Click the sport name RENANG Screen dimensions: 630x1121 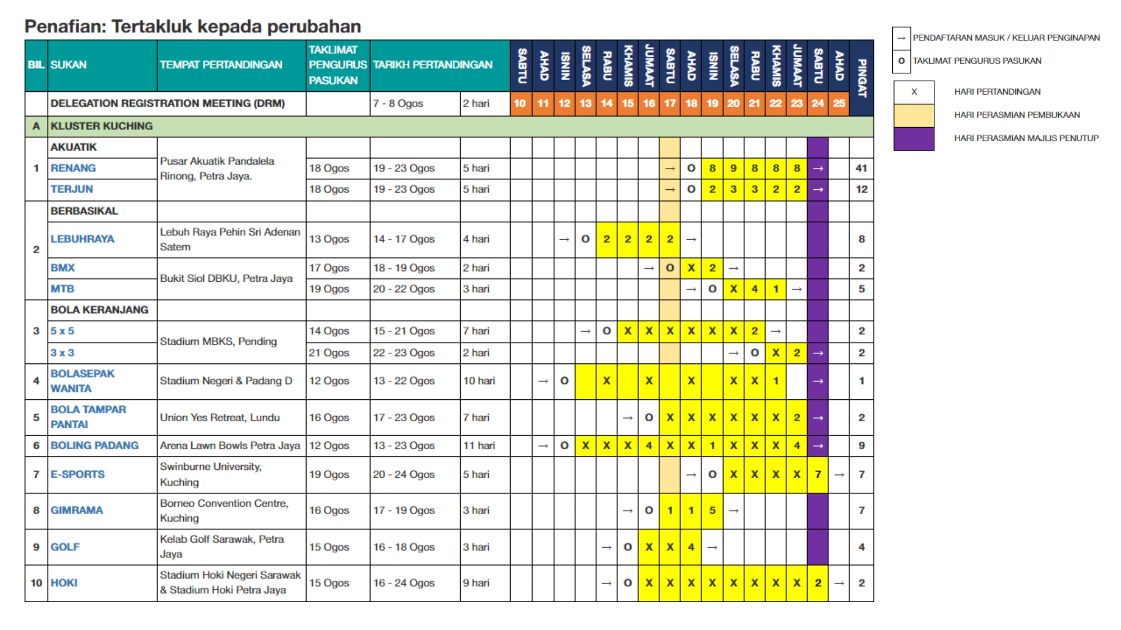(x=73, y=168)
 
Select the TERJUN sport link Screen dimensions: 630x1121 (x=72, y=189)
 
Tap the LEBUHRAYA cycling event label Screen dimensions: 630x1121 (x=82, y=239)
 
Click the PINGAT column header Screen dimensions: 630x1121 (x=861, y=78)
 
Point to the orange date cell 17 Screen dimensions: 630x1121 (x=670, y=104)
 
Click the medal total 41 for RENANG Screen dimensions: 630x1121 (x=861, y=168)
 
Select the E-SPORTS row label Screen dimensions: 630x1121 (x=77, y=474)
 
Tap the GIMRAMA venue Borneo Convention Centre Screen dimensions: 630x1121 (x=224, y=510)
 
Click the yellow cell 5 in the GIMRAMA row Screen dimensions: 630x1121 (x=712, y=510)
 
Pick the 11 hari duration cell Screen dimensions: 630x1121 (x=479, y=446)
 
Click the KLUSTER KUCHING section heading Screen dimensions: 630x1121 (x=101, y=127)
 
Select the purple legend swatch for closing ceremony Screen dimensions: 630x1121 (x=914, y=138)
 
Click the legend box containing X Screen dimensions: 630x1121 (x=914, y=92)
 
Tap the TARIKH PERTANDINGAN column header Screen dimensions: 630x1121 (x=433, y=65)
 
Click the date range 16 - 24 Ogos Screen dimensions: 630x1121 (x=404, y=583)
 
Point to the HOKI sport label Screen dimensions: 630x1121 (x=64, y=583)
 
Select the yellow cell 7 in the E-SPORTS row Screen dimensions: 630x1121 (x=818, y=474)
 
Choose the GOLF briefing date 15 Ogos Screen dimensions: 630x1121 (x=329, y=547)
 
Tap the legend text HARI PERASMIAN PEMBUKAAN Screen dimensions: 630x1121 (x=1017, y=115)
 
